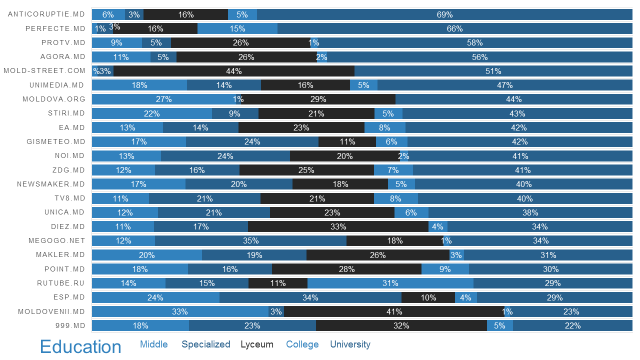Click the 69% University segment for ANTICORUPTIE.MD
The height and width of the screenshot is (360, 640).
click(444, 14)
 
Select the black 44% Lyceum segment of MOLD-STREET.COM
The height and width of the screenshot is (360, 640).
click(234, 71)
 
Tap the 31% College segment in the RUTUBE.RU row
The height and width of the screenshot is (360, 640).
click(390, 283)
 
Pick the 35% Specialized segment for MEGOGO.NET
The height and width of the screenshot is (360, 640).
click(250, 241)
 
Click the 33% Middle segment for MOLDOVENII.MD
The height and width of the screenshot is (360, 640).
click(180, 312)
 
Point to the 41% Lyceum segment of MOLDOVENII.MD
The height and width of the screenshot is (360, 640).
click(394, 312)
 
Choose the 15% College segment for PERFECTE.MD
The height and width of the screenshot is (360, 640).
click(237, 28)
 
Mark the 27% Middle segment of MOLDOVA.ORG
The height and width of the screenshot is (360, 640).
click(163, 99)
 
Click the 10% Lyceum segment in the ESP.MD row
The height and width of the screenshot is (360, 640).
click(428, 297)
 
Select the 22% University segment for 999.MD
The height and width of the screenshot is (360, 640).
click(572, 326)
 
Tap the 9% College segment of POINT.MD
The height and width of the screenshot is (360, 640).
click(445, 269)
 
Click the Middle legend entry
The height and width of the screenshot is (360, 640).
click(154, 344)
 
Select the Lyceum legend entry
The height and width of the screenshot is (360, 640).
click(257, 344)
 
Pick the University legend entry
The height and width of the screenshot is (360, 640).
click(350, 344)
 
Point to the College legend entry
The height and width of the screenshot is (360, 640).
click(302, 344)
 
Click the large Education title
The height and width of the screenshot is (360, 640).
click(80, 347)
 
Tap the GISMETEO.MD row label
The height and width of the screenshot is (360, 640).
click(56, 142)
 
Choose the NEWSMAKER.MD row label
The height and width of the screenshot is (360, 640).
click(51, 184)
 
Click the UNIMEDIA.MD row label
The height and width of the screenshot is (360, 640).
click(57, 85)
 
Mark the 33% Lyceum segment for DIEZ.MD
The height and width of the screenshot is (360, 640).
click(338, 227)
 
